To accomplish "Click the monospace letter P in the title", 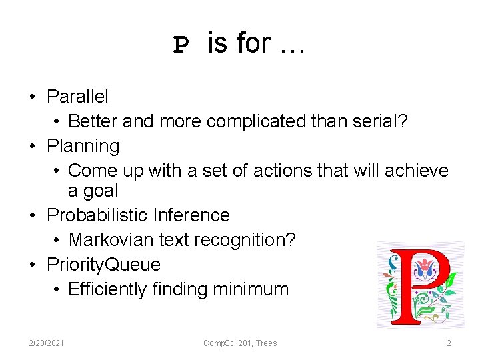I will [181, 45].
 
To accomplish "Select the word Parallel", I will [77, 97].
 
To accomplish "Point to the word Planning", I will [83, 146].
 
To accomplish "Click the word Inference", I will [191, 215].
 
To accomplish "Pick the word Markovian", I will [111, 240].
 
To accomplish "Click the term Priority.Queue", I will [103, 265].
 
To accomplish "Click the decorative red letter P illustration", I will [419, 285].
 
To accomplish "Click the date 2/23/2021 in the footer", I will [47, 343].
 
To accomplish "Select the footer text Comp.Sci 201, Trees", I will [240, 343].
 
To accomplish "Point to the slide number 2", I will [449, 343].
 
